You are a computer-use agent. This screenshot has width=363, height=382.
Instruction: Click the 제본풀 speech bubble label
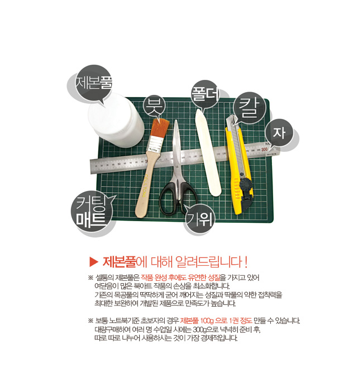coord(93,82)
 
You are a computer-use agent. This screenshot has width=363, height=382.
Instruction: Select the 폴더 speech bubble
coord(204,94)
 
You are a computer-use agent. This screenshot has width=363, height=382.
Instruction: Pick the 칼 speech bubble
coord(249,108)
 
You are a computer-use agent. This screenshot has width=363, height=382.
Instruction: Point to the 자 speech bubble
coord(279,133)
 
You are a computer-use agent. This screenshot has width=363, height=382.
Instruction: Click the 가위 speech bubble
coord(199,218)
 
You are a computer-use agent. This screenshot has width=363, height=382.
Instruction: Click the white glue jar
coord(116,120)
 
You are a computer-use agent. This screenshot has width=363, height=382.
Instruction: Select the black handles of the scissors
coord(178,198)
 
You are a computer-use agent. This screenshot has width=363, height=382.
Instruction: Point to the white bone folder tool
coord(208,153)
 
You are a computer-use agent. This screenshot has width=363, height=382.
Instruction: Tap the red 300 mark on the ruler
coord(264,149)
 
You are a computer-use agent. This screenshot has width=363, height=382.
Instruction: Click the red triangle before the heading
coord(94,262)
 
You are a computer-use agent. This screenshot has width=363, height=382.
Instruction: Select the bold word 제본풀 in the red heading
coord(119,262)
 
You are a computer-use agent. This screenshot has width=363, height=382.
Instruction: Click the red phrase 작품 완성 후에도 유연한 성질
coord(180,278)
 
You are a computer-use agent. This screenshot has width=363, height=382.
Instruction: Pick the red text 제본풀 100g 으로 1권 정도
coord(216,321)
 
